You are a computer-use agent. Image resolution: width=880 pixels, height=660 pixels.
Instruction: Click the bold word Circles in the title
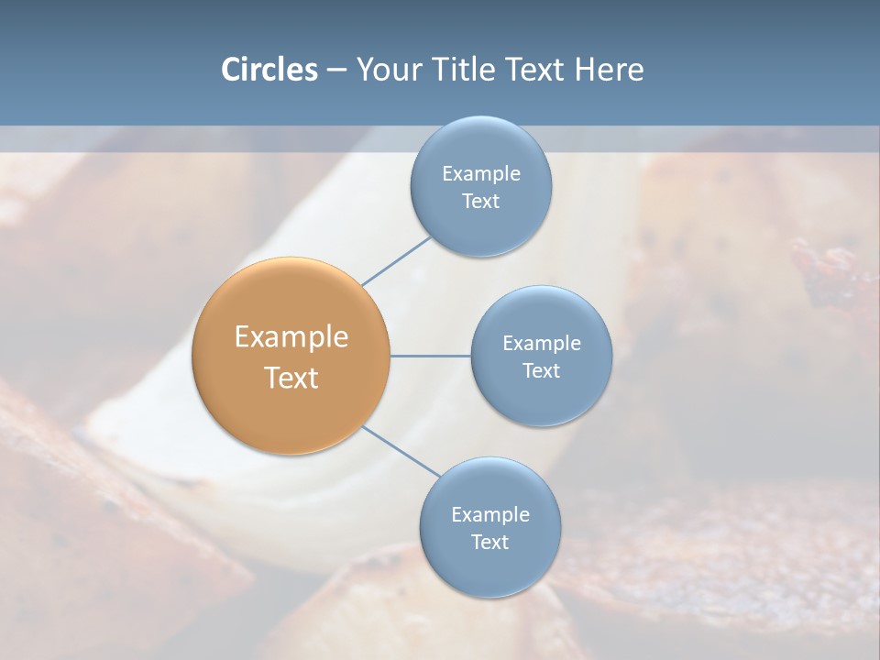click(x=269, y=70)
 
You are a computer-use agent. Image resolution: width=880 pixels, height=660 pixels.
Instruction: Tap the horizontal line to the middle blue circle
click(x=430, y=356)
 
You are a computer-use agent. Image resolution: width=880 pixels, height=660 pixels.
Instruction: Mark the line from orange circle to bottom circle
click(x=400, y=452)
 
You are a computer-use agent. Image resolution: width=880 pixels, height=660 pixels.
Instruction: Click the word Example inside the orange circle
click(x=291, y=337)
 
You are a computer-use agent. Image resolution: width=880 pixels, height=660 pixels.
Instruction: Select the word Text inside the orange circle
click(x=291, y=378)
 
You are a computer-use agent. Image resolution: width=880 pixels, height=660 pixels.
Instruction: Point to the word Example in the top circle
click(x=480, y=174)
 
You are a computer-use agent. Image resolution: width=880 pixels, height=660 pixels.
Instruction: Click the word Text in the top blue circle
click(x=480, y=202)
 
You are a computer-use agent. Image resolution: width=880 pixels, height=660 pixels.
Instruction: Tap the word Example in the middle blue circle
click(x=541, y=344)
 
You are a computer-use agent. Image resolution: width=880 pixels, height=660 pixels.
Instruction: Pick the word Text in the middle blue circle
click(x=541, y=370)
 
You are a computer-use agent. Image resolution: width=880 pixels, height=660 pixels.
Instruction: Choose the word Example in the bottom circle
click(x=489, y=515)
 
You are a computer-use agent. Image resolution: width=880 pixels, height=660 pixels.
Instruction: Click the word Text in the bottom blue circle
click(x=489, y=542)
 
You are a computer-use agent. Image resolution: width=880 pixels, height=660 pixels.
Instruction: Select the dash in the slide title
click(x=336, y=71)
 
